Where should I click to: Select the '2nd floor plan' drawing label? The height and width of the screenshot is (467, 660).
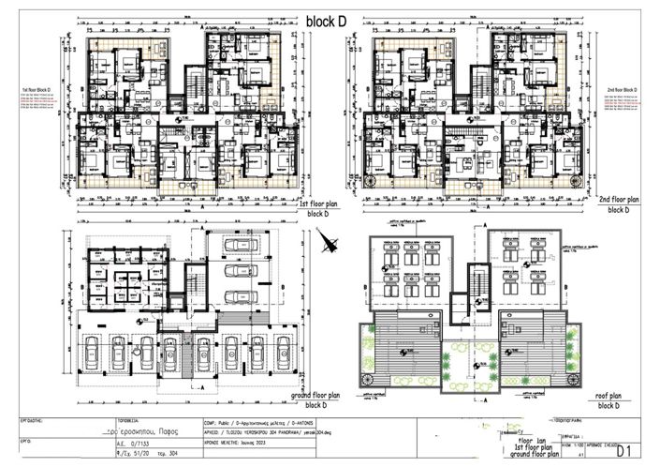[618, 200]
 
